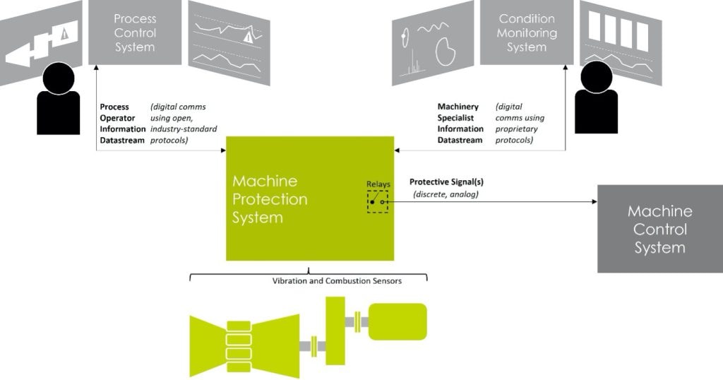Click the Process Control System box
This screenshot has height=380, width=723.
134,32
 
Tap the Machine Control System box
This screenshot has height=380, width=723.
659,229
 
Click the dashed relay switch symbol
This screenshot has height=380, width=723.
377,201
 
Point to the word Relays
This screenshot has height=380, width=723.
378,184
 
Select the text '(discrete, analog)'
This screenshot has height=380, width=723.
446,194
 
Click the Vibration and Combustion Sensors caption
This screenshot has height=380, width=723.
337,281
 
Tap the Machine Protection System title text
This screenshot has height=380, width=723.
270,199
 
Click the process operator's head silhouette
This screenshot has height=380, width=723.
58,78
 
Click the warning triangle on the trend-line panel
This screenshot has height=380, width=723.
249,38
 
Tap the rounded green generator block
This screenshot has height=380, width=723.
398,321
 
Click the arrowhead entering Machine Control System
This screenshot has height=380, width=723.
594,201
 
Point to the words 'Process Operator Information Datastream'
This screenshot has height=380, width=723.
122,124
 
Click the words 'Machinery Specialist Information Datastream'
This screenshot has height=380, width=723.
460,124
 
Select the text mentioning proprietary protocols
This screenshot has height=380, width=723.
520,124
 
